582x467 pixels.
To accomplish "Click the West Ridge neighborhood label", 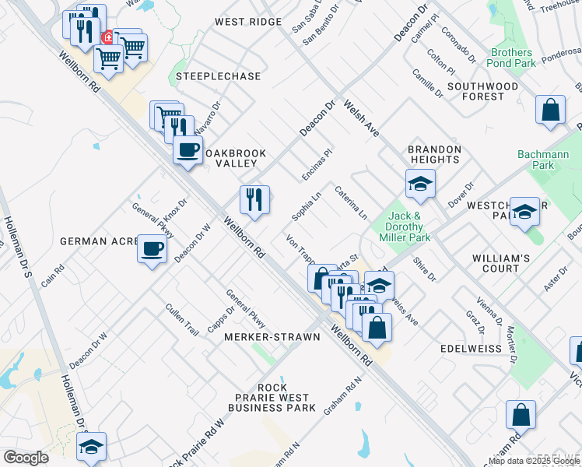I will (x=248, y=22).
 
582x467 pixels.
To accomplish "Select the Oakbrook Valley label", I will (x=230, y=158).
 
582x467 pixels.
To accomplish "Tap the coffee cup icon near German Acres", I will (x=153, y=249).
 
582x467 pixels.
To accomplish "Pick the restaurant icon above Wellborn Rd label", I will (x=254, y=200).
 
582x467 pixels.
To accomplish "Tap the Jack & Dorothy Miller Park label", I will (x=409, y=226).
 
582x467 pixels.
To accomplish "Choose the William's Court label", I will (x=501, y=263).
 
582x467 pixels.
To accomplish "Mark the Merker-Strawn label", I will (x=272, y=337).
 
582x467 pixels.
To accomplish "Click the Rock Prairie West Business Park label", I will (x=272, y=398).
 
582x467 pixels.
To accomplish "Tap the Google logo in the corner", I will (x=26, y=458).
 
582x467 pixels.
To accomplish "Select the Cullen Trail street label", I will (x=182, y=320).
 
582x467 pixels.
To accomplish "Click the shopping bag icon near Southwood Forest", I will (x=550, y=111).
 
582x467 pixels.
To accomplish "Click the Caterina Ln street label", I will (x=351, y=202).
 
